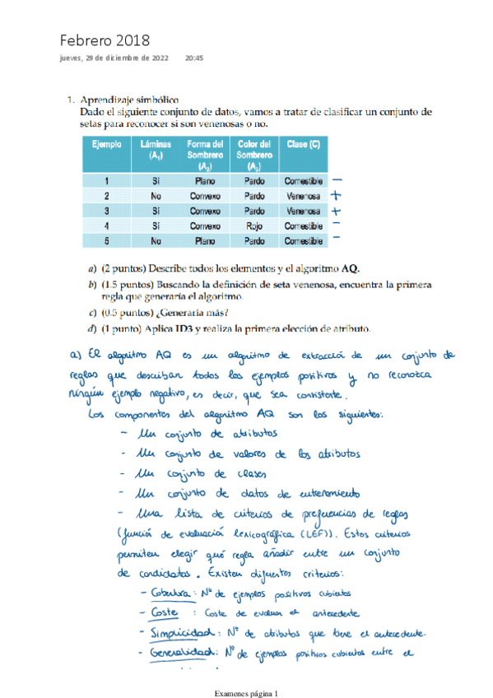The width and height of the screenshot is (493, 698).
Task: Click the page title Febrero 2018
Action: (104, 40)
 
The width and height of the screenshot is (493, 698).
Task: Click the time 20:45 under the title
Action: (194, 58)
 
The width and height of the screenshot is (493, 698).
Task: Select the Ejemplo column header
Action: (107, 144)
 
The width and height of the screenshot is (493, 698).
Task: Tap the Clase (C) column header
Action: (304, 144)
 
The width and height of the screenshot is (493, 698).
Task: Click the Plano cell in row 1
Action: (206, 180)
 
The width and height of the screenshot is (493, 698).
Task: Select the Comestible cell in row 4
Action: (304, 225)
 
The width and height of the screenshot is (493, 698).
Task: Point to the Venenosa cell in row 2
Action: (304, 195)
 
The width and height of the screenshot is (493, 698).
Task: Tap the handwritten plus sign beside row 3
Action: (336, 210)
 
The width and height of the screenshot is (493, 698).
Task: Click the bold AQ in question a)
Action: (351, 268)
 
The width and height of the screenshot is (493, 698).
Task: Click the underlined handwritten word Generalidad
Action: (179, 654)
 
